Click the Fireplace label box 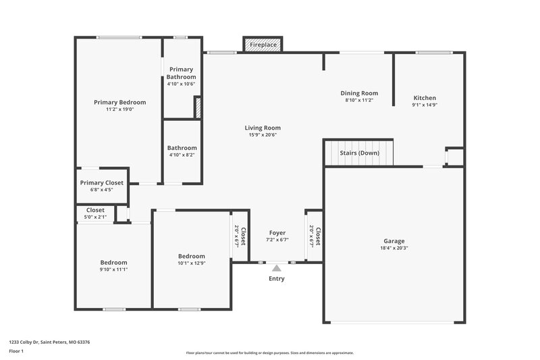pyautogui.click(x=263, y=45)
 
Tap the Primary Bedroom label pyautogui.click(x=119, y=102)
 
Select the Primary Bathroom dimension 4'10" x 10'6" pyautogui.click(x=182, y=84)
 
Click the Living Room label pyautogui.click(x=263, y=128)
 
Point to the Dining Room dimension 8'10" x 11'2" pyautogui.click(x=359, y=100)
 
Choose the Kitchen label pyautogui.click(x=425, y=98)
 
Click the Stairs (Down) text pyautogui.click(x=359, y=153)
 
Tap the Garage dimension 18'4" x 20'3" pyautogui.click(x=394, y=248)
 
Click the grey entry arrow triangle pyautogui.click(x=276, y=268)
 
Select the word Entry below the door pyautogui.click(x=277, y=278)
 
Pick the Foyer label pyautogui.click(x=277, y=232)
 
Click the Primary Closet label pyautogui.click(x=101, y=182)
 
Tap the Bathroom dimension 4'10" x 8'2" pyautogui.click(x=182, y=155)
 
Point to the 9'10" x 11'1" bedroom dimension pyautogui.click(x=113, y=269)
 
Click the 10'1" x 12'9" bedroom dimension pyautogui.click(x=192, y=263)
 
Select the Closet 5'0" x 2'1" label pyautogui.click(x=95, y=210)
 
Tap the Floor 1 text pyautogui.click(x=16, y=352)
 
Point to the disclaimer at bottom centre pyautogui.click(x=269, y=353)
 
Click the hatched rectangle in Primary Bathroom pyautogui.click(x=198, y=108)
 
